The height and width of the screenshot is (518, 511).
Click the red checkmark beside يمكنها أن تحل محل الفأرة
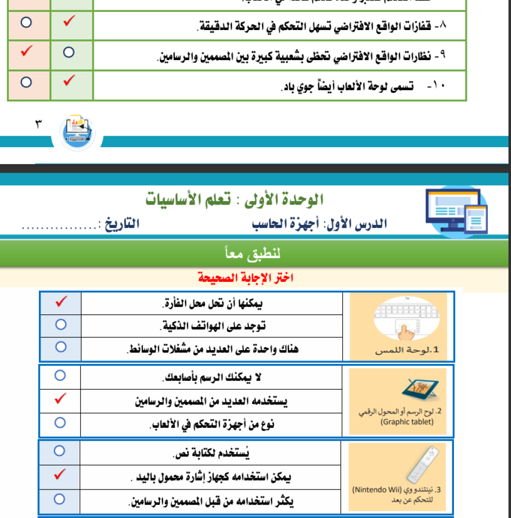coord(61,302)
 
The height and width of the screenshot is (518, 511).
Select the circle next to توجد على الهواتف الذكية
coord(61,325)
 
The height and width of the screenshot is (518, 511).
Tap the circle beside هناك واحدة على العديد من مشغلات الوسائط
coord(61,347)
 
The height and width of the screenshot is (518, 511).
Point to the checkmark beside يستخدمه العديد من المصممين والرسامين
coord(61,399)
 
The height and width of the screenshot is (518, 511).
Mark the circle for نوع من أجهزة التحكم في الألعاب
coord(60,423)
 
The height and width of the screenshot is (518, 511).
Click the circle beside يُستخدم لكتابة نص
coord(60,451)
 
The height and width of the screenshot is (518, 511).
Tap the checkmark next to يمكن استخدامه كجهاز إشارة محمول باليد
coord(60,474)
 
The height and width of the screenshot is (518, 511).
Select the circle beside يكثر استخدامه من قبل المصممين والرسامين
coord(60,499)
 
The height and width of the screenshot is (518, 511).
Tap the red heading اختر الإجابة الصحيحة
coord(245,278)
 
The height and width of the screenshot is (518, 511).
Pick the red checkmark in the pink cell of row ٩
coord(27,52)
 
